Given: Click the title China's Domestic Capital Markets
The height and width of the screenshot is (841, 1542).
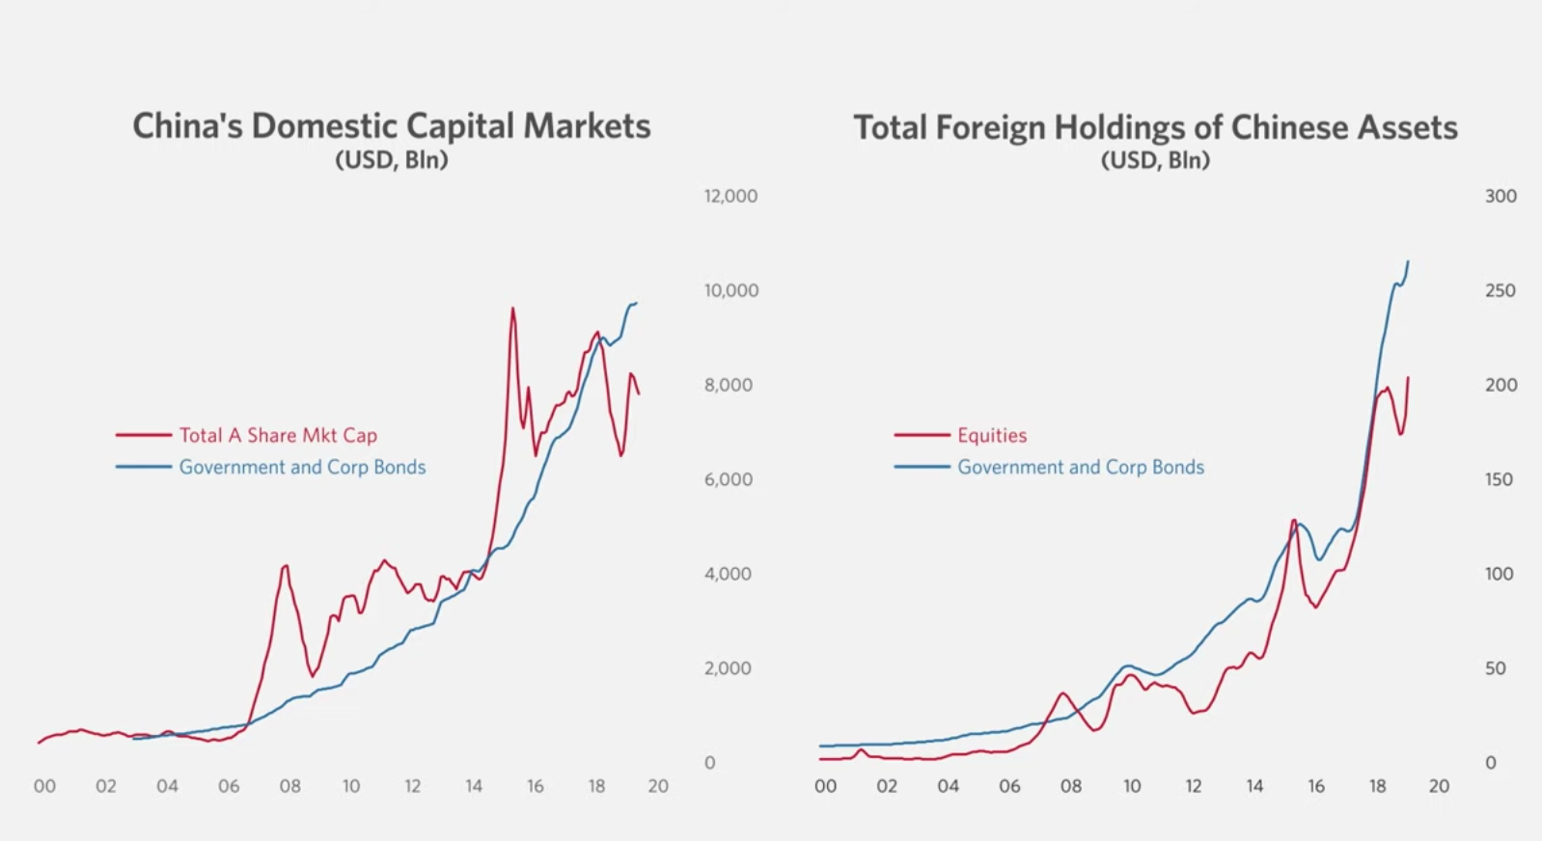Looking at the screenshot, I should (391, 126).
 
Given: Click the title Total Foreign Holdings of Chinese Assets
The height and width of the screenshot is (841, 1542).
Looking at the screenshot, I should (1155, 127).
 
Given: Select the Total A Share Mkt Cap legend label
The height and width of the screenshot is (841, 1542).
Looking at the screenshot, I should (278, 435).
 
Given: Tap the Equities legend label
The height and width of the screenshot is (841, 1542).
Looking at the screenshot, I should (992, 435).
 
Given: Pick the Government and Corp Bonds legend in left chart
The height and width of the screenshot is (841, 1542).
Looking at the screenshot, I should (302, 467).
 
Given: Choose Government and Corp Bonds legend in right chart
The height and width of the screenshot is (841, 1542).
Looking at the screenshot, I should (1081, 467).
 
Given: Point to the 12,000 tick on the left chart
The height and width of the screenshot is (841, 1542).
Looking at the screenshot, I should (730, 196).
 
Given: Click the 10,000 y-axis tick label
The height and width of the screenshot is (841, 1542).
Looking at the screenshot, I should (730, 290).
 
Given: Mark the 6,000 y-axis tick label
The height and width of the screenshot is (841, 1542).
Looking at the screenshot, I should (728, 479).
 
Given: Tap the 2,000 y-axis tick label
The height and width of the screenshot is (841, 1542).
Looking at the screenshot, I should (728, 668).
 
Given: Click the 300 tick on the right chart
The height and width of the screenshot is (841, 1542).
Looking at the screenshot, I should (1501, 196).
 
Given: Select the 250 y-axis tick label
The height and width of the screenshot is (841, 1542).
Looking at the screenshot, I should (1501, 290).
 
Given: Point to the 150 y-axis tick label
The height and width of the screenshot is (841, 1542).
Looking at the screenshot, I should (1499, 479).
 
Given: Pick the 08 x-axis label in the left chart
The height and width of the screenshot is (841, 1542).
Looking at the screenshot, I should (289, 786).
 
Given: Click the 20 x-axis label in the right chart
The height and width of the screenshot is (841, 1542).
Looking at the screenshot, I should (1439, 786).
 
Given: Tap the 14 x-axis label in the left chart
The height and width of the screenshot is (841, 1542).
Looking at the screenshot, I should (474, 786).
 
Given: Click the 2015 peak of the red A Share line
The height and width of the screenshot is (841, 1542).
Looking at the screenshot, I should (512, 309).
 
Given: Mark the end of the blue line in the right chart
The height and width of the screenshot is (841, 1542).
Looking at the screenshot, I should (1408, 261).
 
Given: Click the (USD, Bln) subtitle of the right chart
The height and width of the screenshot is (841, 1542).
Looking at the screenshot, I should (1155, 160).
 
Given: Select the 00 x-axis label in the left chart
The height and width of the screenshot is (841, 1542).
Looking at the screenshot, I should (44, 786).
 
